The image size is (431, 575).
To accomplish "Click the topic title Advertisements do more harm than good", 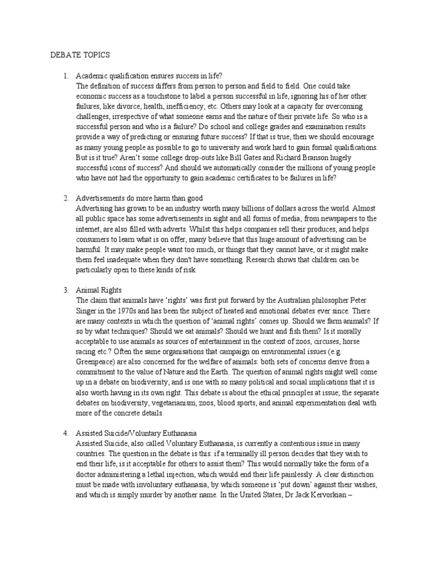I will click(x=139, y=198).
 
